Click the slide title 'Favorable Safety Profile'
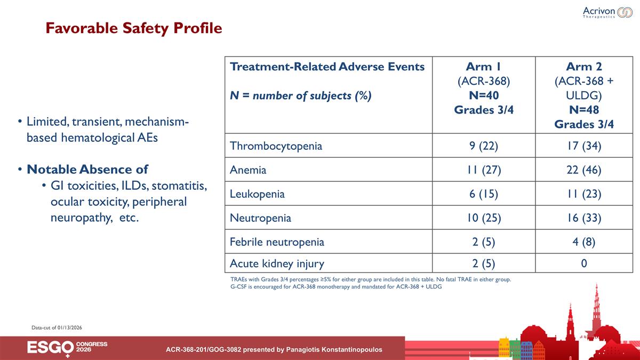click(x=133, y=28)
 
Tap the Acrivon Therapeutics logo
click(x=607, y=12)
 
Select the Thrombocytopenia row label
click(x=276, y=146)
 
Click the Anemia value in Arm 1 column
click(x=484, y=170)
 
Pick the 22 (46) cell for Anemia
click(x=584, y=170)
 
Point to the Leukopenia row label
click(x=257, y=194)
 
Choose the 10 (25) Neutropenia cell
click(x=484, y=218)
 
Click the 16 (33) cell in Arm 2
click(x=584, y=218)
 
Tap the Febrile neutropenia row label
click(x=277, y=242)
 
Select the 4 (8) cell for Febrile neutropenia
click(x=584, y=242)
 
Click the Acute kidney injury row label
click(x=277, y=263)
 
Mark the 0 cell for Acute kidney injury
click(x=584, y=263)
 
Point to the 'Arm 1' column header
click(x=484, y=67)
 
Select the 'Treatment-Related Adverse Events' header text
click(x=327, y=67)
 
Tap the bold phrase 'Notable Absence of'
click(x=87, y=170)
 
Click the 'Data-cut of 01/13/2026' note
click(x=57, y=327)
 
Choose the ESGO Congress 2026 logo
click(x=67, y=348)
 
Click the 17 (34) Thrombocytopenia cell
click(x=584, y=146)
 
